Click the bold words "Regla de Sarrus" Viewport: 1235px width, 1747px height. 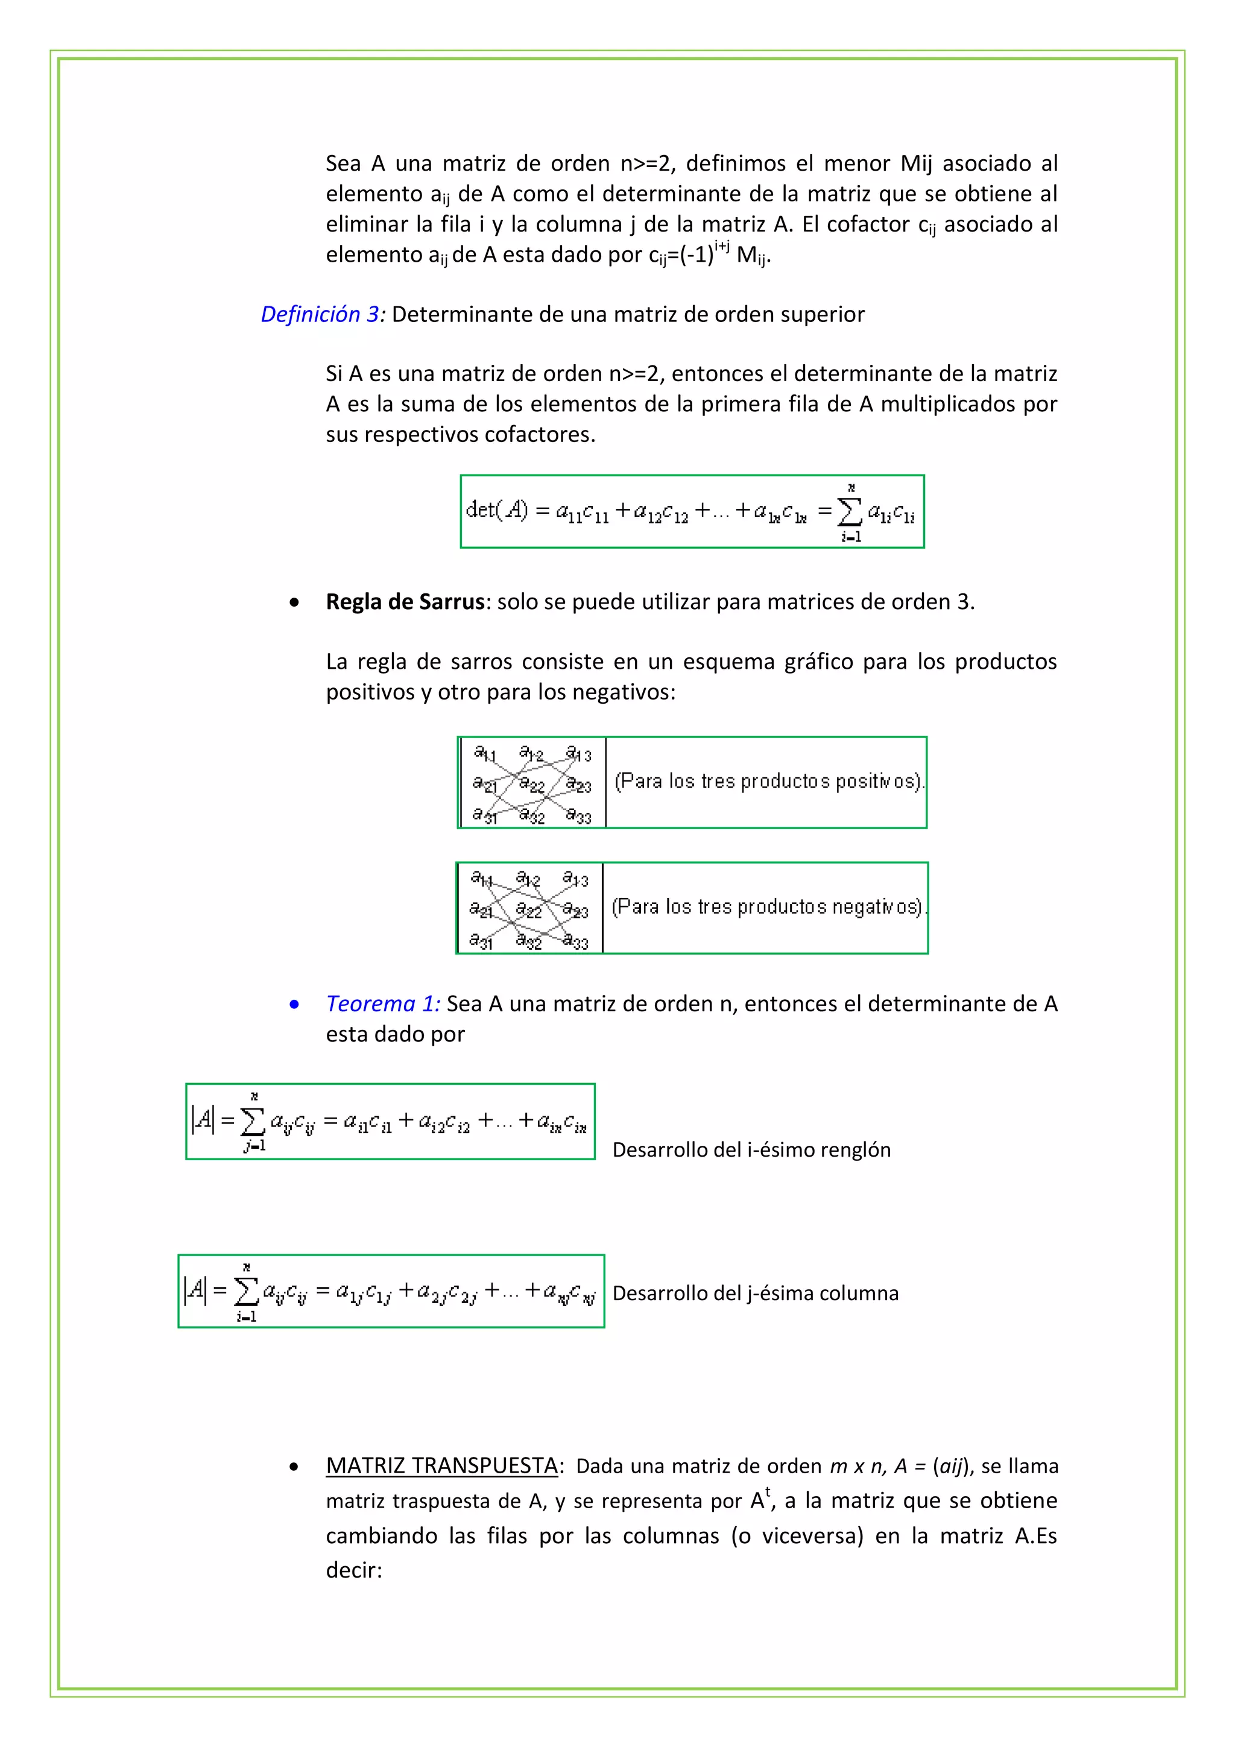point(405,602)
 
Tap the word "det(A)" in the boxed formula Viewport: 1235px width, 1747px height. point(496,509)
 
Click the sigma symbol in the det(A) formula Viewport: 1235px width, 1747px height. point(850,511)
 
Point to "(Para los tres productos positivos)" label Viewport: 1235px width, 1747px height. point(768,782)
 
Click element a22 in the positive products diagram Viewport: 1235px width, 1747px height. point(531,785)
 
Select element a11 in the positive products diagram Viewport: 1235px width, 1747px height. point(485,753)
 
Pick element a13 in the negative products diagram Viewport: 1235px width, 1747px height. point(576,880)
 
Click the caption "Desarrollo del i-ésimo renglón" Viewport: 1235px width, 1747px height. point(751,1150)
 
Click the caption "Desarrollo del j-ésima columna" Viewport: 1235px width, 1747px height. point(755,1294)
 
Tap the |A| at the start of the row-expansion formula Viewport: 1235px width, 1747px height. point(203,1119)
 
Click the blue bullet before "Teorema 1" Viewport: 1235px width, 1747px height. point(294,1005)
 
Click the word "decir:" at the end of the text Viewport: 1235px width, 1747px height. point(354,1570)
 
